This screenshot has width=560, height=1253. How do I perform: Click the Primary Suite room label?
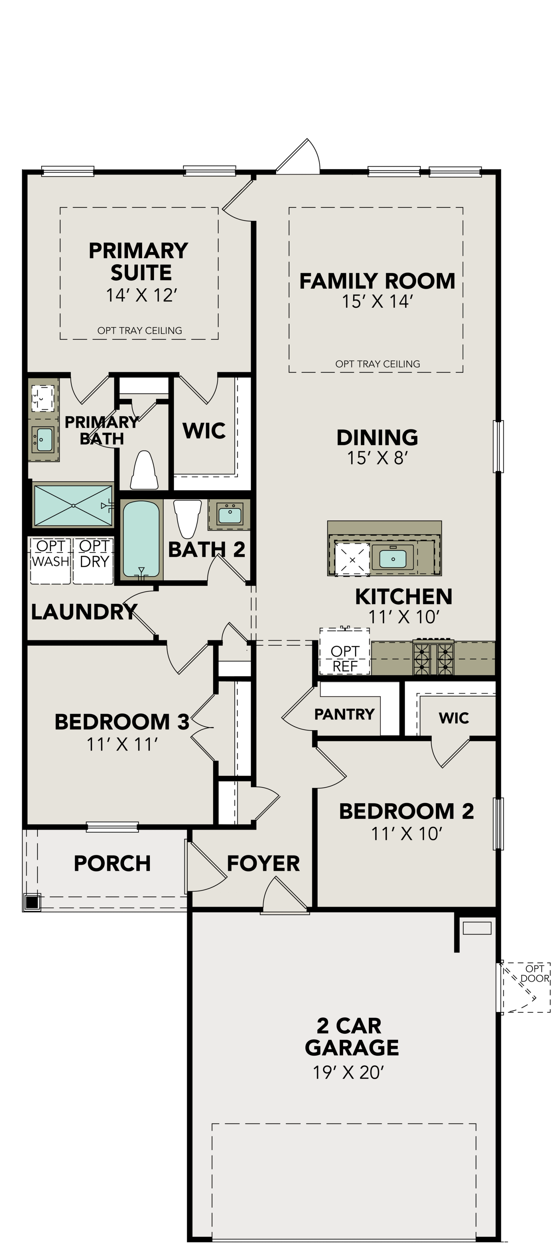[139, 261]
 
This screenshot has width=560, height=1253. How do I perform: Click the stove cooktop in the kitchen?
[433, 657]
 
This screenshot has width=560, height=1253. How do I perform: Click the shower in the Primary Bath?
[73, 505]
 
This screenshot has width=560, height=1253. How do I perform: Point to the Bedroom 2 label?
[406, 811]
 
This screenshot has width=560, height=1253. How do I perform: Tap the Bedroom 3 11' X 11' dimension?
[122, 744]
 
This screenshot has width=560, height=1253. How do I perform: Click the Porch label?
[112, 863]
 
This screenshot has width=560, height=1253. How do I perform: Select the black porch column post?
[32, 903]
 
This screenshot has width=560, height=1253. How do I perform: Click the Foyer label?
[263, 863]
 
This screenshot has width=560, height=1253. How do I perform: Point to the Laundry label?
[84, 612]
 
